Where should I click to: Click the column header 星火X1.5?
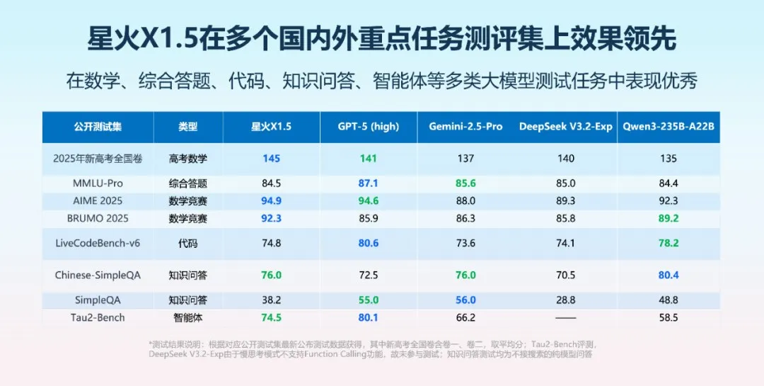click(x=271, y=127)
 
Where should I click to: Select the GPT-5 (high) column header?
click(x=369, y=127)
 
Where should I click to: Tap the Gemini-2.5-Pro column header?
click(x=465, y=127)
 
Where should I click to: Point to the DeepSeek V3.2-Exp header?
click(x=566, y=127)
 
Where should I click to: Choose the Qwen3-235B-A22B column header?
click(x=668, y=127)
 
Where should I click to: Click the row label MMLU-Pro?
click(x=98, y=183)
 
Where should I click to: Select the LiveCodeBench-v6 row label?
click(x=98, y=243)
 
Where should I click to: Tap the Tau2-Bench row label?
click(x=98, y=317)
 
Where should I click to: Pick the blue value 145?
click(x=271, y=159)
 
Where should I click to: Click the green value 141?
click(x=369, y=159)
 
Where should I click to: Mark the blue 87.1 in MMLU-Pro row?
click(x=369, y=183)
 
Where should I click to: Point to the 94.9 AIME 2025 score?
click(x=271, y=201)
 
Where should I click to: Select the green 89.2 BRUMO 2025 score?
click(x=668, y=219)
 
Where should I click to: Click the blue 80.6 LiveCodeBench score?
click(x=369, y=243)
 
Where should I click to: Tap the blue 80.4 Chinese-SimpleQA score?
click(x=668, y=275)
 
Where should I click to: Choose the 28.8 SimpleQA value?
click(x=566, y=300)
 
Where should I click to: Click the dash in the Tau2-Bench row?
click(x=566, y=318)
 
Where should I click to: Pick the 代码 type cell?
click(x=188, y=243)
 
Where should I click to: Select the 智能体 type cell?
click(x=188, y=317)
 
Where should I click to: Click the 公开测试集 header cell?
click(x=98, y=127)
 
